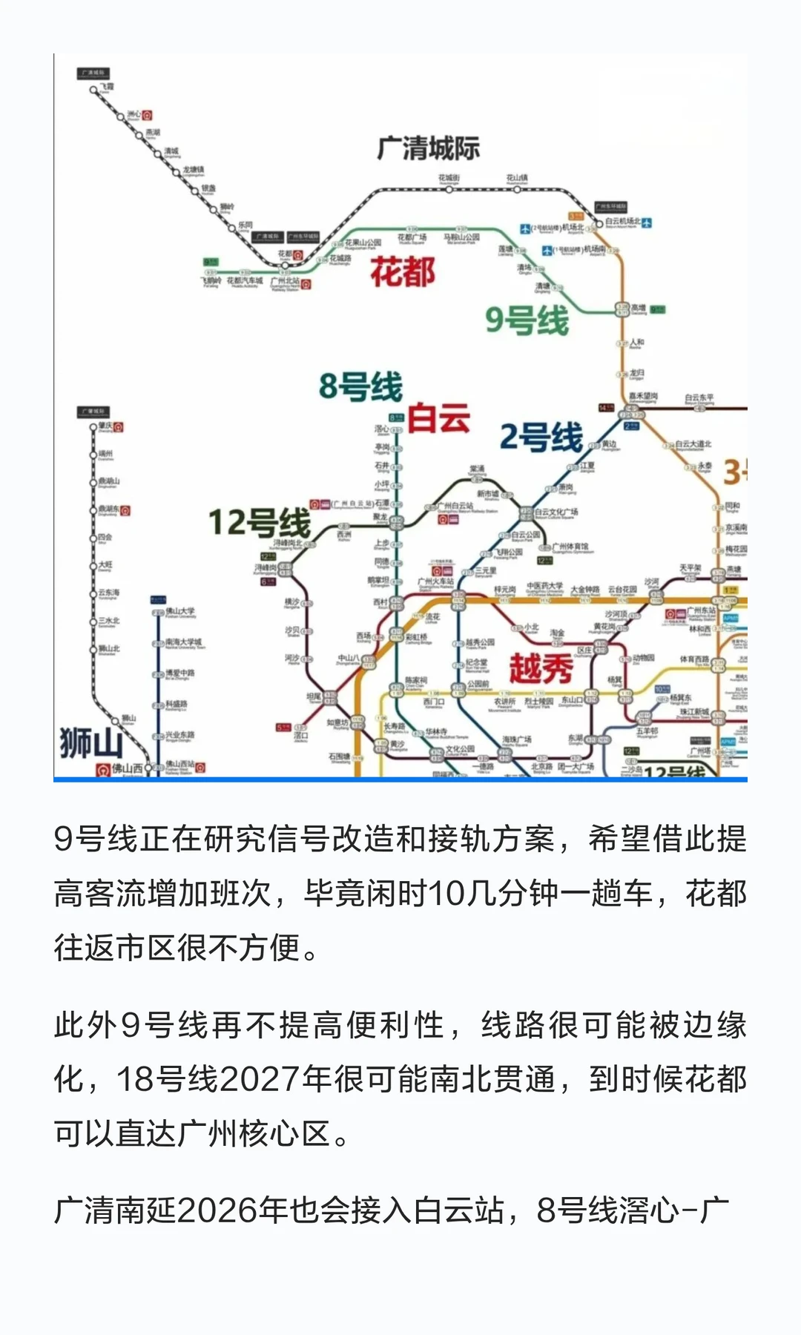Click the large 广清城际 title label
tap(428, 148)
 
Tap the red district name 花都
tap(403, 271)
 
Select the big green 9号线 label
tap(527, 320)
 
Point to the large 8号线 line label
tap(360, 386)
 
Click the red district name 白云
tap(438, 418)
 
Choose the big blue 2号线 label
tap(541, 436)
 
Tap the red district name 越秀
tap(541, 668)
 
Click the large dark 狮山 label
tap(90, 742)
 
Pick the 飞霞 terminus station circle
tap(93, 90)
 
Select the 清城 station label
tap(171, 151)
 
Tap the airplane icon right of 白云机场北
tap(647, 222)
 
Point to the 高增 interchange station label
tap(638, 308)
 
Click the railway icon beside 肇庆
tap(119, 427)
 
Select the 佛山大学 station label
tap(180, 612)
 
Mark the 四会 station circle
tap(93, 538)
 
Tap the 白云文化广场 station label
tap(557, 512)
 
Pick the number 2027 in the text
tap(260, 1079)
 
